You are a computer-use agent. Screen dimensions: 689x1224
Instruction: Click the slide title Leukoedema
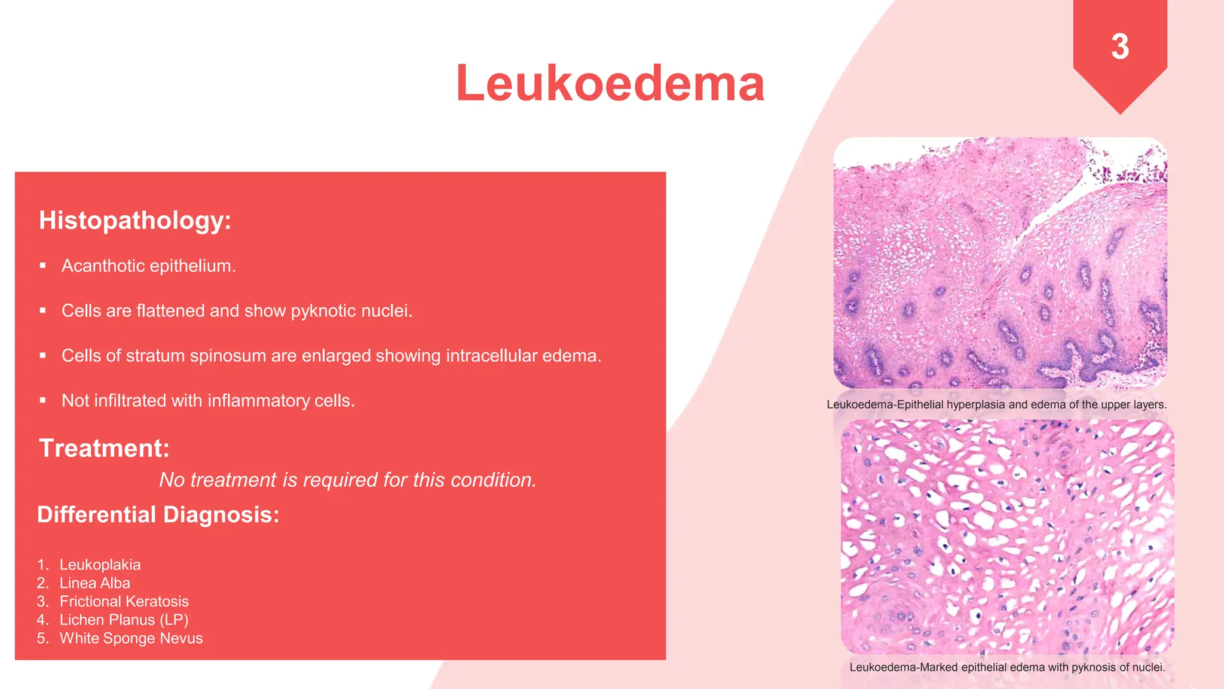coord(610,84)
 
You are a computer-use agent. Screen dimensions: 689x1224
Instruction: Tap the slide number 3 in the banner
coord(1120,47)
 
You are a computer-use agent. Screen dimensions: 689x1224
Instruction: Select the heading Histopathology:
coord(135,220)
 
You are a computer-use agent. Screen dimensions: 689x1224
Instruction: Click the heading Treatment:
coord(105,448)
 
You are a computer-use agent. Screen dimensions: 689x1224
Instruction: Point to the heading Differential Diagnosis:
coord(158,514)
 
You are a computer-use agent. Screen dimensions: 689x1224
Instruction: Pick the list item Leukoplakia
coord(100,565)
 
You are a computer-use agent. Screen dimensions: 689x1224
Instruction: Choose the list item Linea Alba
coord(94,583)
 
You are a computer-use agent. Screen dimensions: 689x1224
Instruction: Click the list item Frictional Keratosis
coord(124,602)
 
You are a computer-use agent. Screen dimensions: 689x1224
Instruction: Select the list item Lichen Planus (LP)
coord(124,620)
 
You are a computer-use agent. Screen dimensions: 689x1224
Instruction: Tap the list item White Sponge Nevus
coord(131,639)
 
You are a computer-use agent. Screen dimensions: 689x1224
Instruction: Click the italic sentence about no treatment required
coord(348,480)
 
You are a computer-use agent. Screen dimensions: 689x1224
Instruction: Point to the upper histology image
coord(1000,263)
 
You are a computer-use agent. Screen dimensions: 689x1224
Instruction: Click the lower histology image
coord(1007,536)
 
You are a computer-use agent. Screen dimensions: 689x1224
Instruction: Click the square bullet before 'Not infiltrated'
coord(43,400)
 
